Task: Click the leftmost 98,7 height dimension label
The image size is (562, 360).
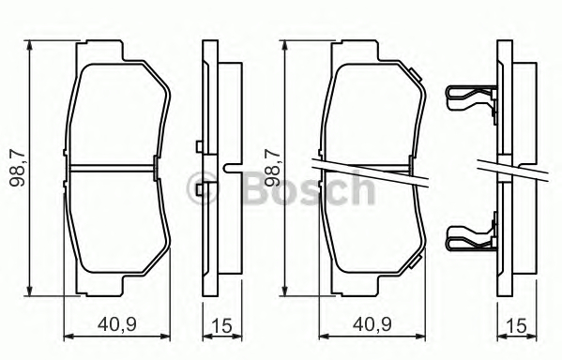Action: pos(18,167)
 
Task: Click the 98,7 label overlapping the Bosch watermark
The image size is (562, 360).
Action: pos(272,167)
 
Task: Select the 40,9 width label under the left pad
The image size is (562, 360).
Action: pos(117,324)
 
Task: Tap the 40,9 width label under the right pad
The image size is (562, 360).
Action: pos(372,324)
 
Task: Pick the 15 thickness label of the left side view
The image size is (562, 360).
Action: pos(222,325)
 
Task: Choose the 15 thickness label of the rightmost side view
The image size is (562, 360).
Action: pos(518,325)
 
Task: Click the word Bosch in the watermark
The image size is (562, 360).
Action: pos(309,188)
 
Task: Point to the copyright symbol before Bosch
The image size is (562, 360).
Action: pos(202,188)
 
